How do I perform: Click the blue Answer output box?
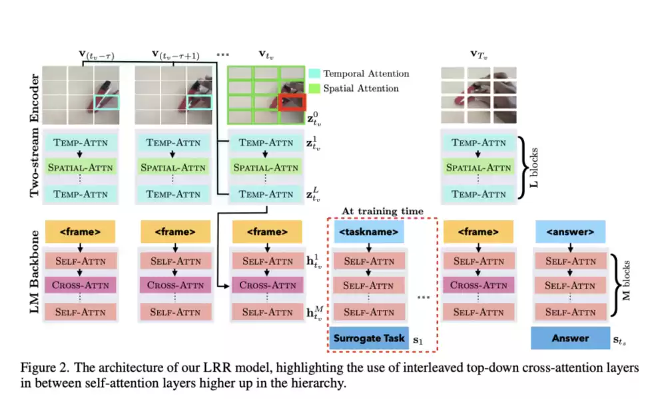point(570,338)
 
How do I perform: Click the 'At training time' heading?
point(382,211)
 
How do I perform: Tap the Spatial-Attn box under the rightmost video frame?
point(478,167)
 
